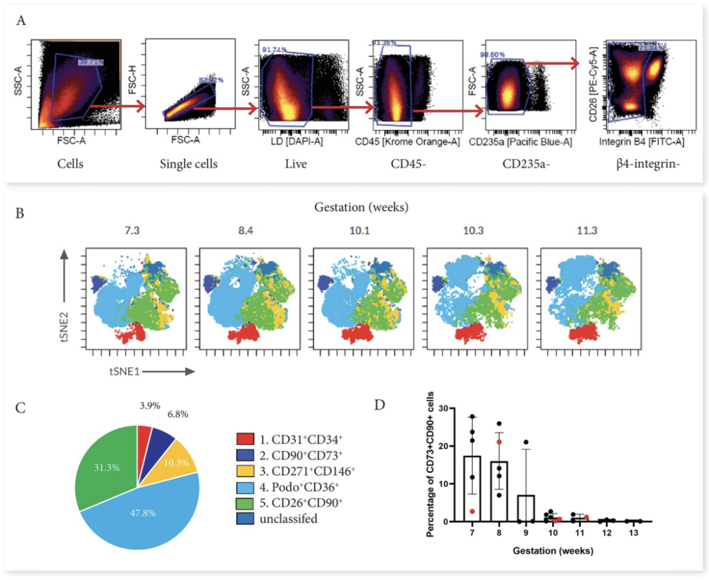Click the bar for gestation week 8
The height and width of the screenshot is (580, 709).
click(x=499, y=491)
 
